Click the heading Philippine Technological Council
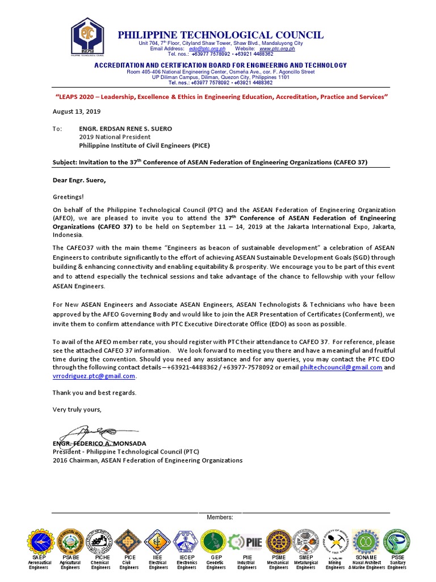tap(221, 35)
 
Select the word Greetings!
tap(68, 197)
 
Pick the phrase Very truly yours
tap(77, 409)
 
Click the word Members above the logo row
tap(220, 517)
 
